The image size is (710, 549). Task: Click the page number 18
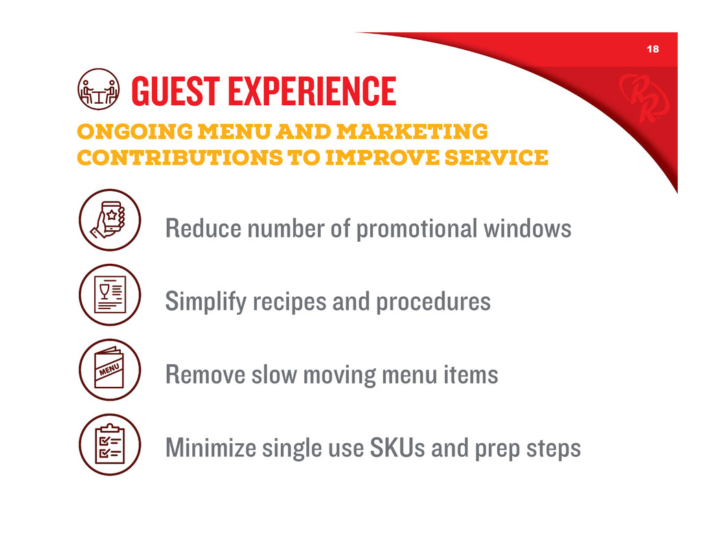pos(652,49)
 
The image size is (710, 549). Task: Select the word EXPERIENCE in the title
pos(312,91)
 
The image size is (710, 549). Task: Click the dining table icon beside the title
pos(99,89)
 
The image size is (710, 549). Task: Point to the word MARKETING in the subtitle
pos(412,131)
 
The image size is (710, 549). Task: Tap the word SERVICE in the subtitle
pos(496,157)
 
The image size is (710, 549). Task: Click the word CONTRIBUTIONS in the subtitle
pos(180,157)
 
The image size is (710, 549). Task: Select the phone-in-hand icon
pos(110,220)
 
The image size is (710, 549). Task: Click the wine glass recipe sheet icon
pos(110,295)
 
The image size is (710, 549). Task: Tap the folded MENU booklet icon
pos(110,370)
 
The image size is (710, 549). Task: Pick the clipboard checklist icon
pos(110,445)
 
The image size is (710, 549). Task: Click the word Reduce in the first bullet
pos(203,228)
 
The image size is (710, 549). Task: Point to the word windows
pos(527,228)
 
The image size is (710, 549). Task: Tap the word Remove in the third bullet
pos(205,375)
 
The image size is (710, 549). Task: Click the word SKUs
pos(398,448)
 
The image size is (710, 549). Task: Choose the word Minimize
pos(211,448)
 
